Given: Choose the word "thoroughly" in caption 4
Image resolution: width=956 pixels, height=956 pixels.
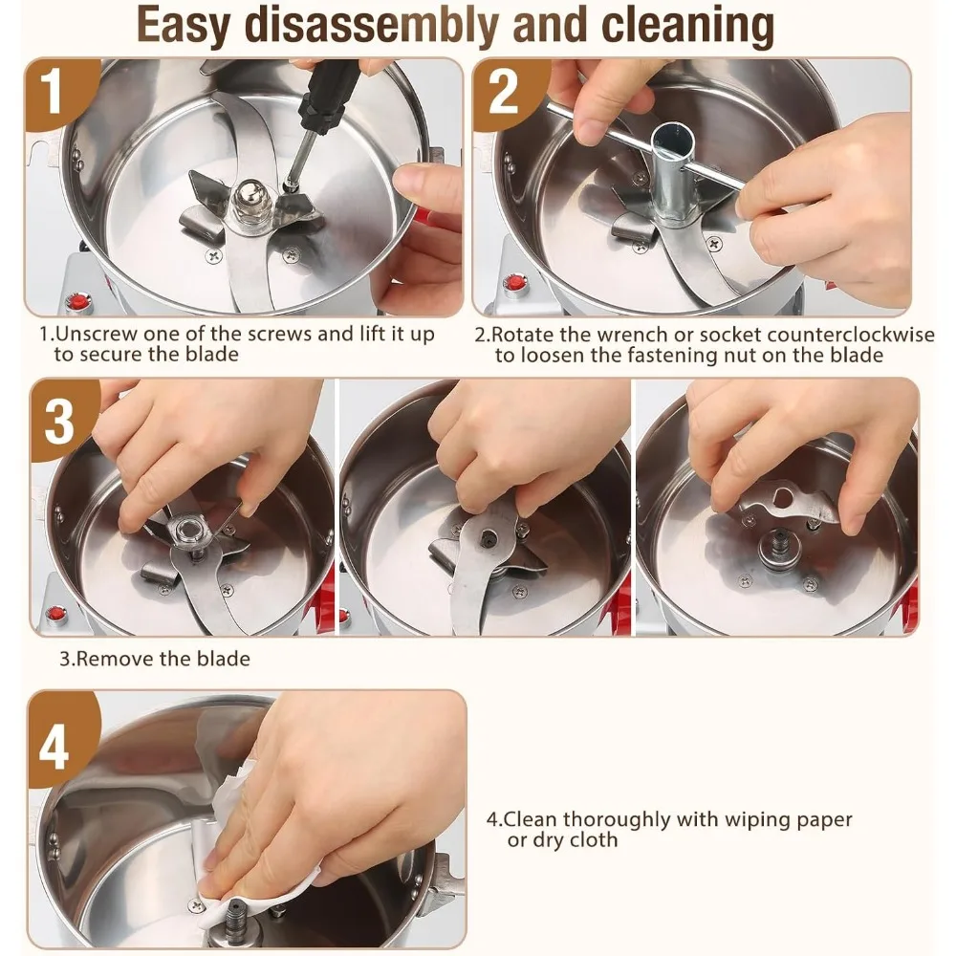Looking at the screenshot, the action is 617,820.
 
